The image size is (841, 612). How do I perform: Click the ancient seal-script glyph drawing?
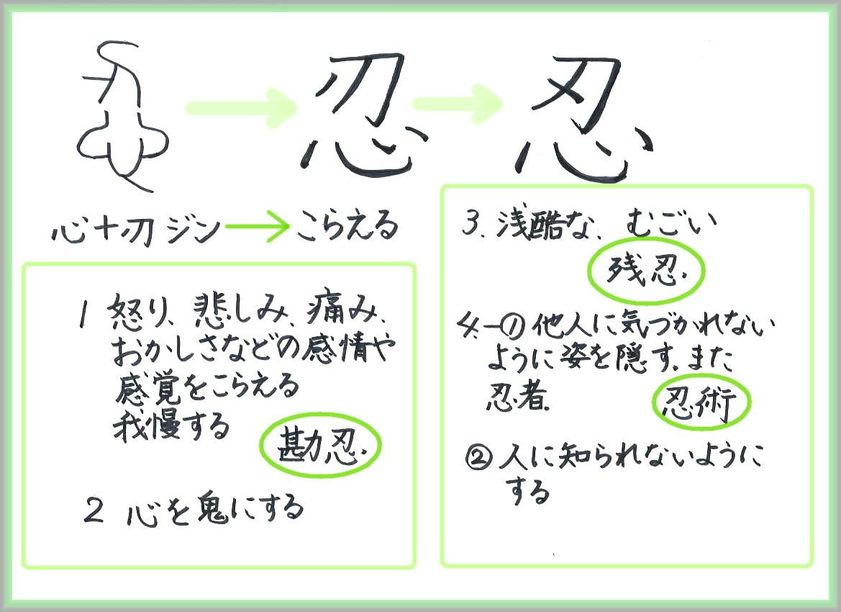pos(122,115)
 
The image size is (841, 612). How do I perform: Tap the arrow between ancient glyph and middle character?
pos(240,107)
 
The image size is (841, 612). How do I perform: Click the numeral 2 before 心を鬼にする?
pos(94,510)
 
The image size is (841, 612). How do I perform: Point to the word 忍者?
pos(517,397)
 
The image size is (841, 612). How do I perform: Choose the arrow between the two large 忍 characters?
pos(459,104)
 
